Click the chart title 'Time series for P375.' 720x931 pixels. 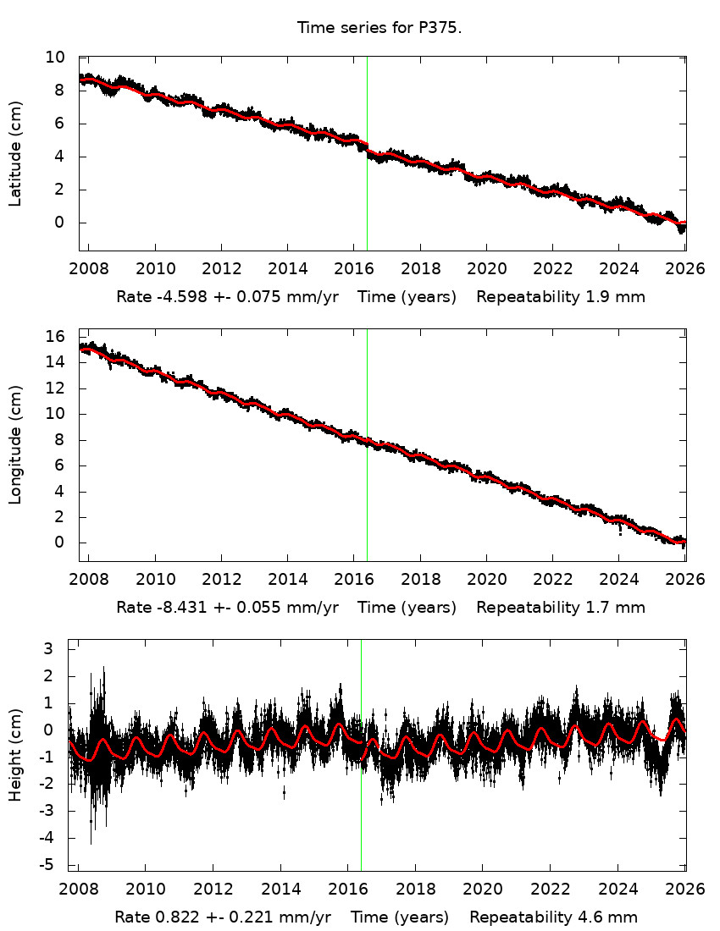[x=379, y=28]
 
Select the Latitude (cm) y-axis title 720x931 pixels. [x=15, y=153]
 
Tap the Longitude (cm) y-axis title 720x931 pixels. [x=15, y=444]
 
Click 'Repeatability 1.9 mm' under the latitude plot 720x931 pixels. [x=560, y=297]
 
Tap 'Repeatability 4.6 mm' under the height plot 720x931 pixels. [x=553, y=917]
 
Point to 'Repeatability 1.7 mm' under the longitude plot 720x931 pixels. [x=560, y=607]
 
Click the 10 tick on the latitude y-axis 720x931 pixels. [x=56, y=58]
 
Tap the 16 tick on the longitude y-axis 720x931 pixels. [x=56, y=336]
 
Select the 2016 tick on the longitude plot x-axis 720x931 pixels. [x=354, y=581]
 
